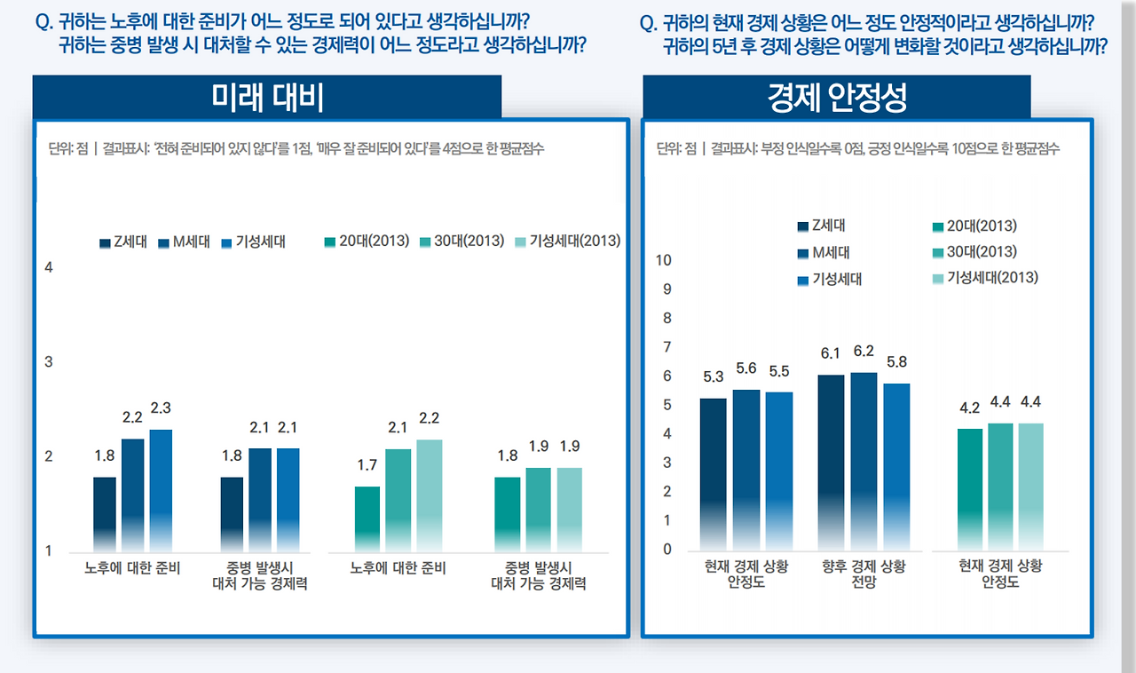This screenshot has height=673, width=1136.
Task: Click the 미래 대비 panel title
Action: (267, 98)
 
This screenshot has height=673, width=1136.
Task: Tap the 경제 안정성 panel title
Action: (836, 98)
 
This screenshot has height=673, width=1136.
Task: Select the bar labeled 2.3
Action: (161, 489)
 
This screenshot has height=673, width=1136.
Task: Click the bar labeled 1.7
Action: (367, 519)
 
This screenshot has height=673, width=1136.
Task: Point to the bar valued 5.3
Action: (713, 473)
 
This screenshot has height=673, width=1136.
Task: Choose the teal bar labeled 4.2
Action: (970, 488)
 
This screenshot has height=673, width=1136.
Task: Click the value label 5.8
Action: (896, 362)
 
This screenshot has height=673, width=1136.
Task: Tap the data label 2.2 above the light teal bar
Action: (429, 418)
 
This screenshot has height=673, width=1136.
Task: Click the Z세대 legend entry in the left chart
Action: (124, 241)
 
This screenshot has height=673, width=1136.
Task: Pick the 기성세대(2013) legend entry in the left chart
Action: (568, 241)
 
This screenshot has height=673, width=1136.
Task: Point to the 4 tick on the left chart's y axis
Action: (50, 267)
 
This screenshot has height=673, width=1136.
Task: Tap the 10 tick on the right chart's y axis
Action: (663, 260)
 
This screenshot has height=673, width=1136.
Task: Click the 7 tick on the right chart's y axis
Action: (667, 347)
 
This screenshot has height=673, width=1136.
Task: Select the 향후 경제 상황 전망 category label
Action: (864, 574)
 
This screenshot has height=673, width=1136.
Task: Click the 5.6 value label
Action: (746, 369)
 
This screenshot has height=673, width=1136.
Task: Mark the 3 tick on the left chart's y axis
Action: (50, 362)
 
